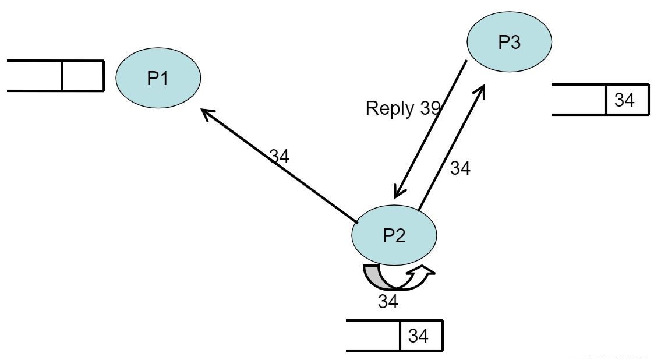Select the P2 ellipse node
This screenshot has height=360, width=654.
pos(394,235)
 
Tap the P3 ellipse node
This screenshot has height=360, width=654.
pos(510,43)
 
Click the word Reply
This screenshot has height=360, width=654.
pos(390,108)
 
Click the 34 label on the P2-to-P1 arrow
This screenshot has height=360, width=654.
pos(279,156)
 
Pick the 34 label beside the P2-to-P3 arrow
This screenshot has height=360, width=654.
pos(460,168)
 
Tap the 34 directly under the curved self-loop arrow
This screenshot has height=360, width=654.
pos(388,301)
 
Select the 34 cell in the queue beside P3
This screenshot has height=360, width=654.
pos(624,100)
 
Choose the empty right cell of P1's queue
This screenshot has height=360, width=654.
pos(82,76)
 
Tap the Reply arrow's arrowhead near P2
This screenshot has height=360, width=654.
pos(398,193)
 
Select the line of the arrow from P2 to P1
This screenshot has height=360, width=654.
pos(280,166)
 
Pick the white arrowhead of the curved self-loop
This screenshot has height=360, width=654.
pos(423,270)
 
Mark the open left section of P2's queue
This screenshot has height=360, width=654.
pos(373,336)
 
